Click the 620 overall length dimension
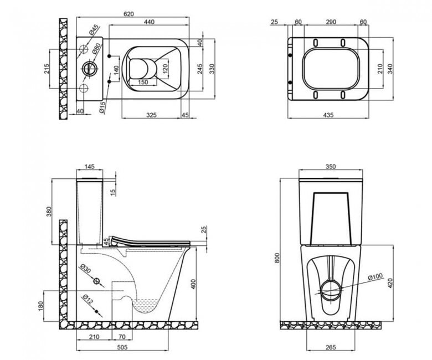point(128,14)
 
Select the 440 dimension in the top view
point(150,22)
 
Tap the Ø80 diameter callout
point(96,49)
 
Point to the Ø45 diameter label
point(94,29)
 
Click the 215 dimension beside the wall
point(47,69)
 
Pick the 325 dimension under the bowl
point(151,115)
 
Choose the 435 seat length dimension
point(328,115)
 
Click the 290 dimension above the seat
point(331,22)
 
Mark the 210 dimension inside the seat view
point(380,69)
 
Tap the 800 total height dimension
point(277,258)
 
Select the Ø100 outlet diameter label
point(376,276)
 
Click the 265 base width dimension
point(331,347)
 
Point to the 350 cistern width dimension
point(331,166)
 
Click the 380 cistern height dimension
point(49,212)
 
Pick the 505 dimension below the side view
point(122,347)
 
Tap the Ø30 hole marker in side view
point(96,281)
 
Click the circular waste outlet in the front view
point(331,291)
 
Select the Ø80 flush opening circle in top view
point(90,69)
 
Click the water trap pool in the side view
point(146,305)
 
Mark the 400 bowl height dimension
point(193,284)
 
